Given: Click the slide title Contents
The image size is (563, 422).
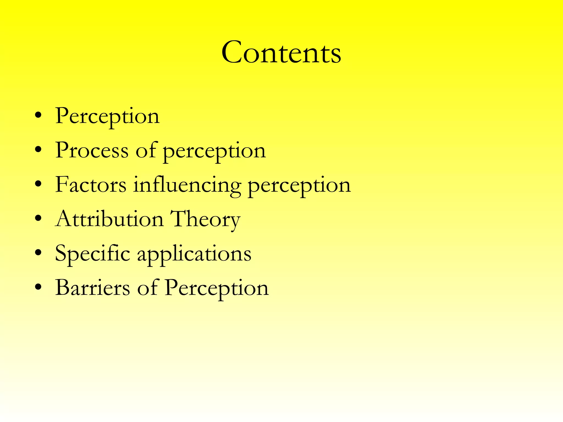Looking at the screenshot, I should pos(281,52).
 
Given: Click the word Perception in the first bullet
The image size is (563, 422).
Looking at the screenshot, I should pos(107,116).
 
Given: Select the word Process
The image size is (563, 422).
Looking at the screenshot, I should pos(92,150).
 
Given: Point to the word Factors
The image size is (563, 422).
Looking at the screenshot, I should pos(91,185).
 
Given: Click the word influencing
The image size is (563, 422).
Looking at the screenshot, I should pos(187,186).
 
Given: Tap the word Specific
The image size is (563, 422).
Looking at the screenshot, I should pos(92,253).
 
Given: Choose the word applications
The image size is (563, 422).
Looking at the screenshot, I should pos(194,254).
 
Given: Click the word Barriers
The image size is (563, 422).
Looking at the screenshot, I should pos(93,288).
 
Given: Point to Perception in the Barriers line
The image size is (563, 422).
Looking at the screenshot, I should pos(217,288).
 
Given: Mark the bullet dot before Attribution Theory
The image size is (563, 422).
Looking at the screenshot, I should pos(38,218).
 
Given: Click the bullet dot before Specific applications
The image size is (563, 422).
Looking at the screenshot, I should pos(38,252).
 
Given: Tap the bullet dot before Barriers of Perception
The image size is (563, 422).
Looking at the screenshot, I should pos(38,287).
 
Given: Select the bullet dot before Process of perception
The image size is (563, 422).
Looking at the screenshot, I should pos(38,150).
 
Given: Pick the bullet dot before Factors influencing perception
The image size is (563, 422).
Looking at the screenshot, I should pos(38,184).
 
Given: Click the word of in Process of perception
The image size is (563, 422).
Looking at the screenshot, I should pos(146,150).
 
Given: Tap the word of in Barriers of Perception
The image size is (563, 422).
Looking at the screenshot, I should pos(148,288).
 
